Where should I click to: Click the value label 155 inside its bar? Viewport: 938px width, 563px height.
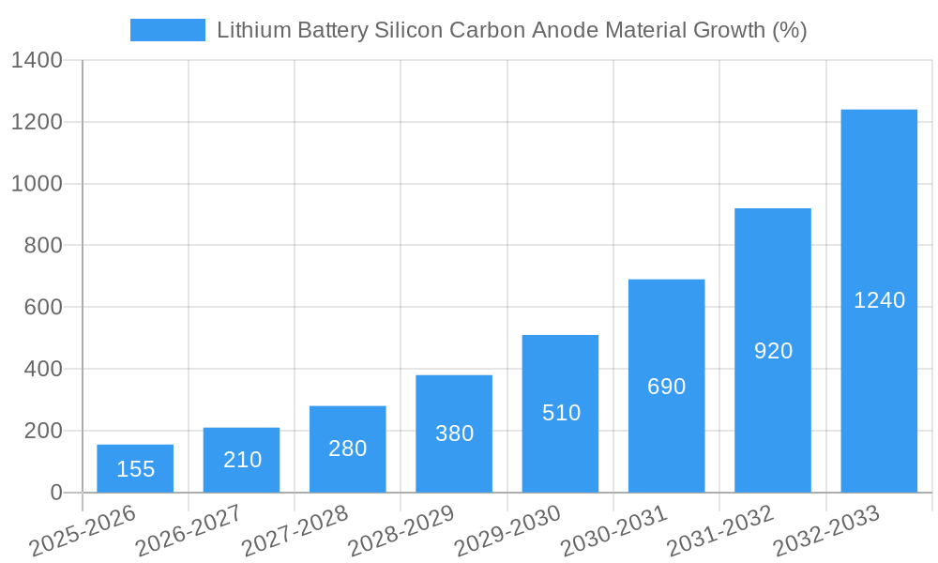(135, 469)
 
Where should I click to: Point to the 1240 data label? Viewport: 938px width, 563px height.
(879, 300)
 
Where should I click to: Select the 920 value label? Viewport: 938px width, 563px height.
(773, 351)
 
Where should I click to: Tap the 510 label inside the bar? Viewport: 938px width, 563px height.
(561, 413)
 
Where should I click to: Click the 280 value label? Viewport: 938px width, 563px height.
(347, 449)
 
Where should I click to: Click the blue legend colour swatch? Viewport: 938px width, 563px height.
(167, 30)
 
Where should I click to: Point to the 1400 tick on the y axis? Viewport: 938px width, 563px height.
(37, 61)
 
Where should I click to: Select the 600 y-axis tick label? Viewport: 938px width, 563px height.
(42, 308)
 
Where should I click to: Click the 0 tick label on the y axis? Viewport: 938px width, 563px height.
(55, 493)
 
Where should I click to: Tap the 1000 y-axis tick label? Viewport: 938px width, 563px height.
(37, 184)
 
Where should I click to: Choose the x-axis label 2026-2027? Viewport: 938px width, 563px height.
(188, 531)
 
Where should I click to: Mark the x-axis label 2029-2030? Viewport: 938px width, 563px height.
(507, 531)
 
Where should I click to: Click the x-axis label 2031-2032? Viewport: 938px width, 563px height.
(719, 531)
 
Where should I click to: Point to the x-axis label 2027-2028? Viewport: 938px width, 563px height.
(295, 531)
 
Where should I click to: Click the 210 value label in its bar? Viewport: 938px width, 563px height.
(242, 460)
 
